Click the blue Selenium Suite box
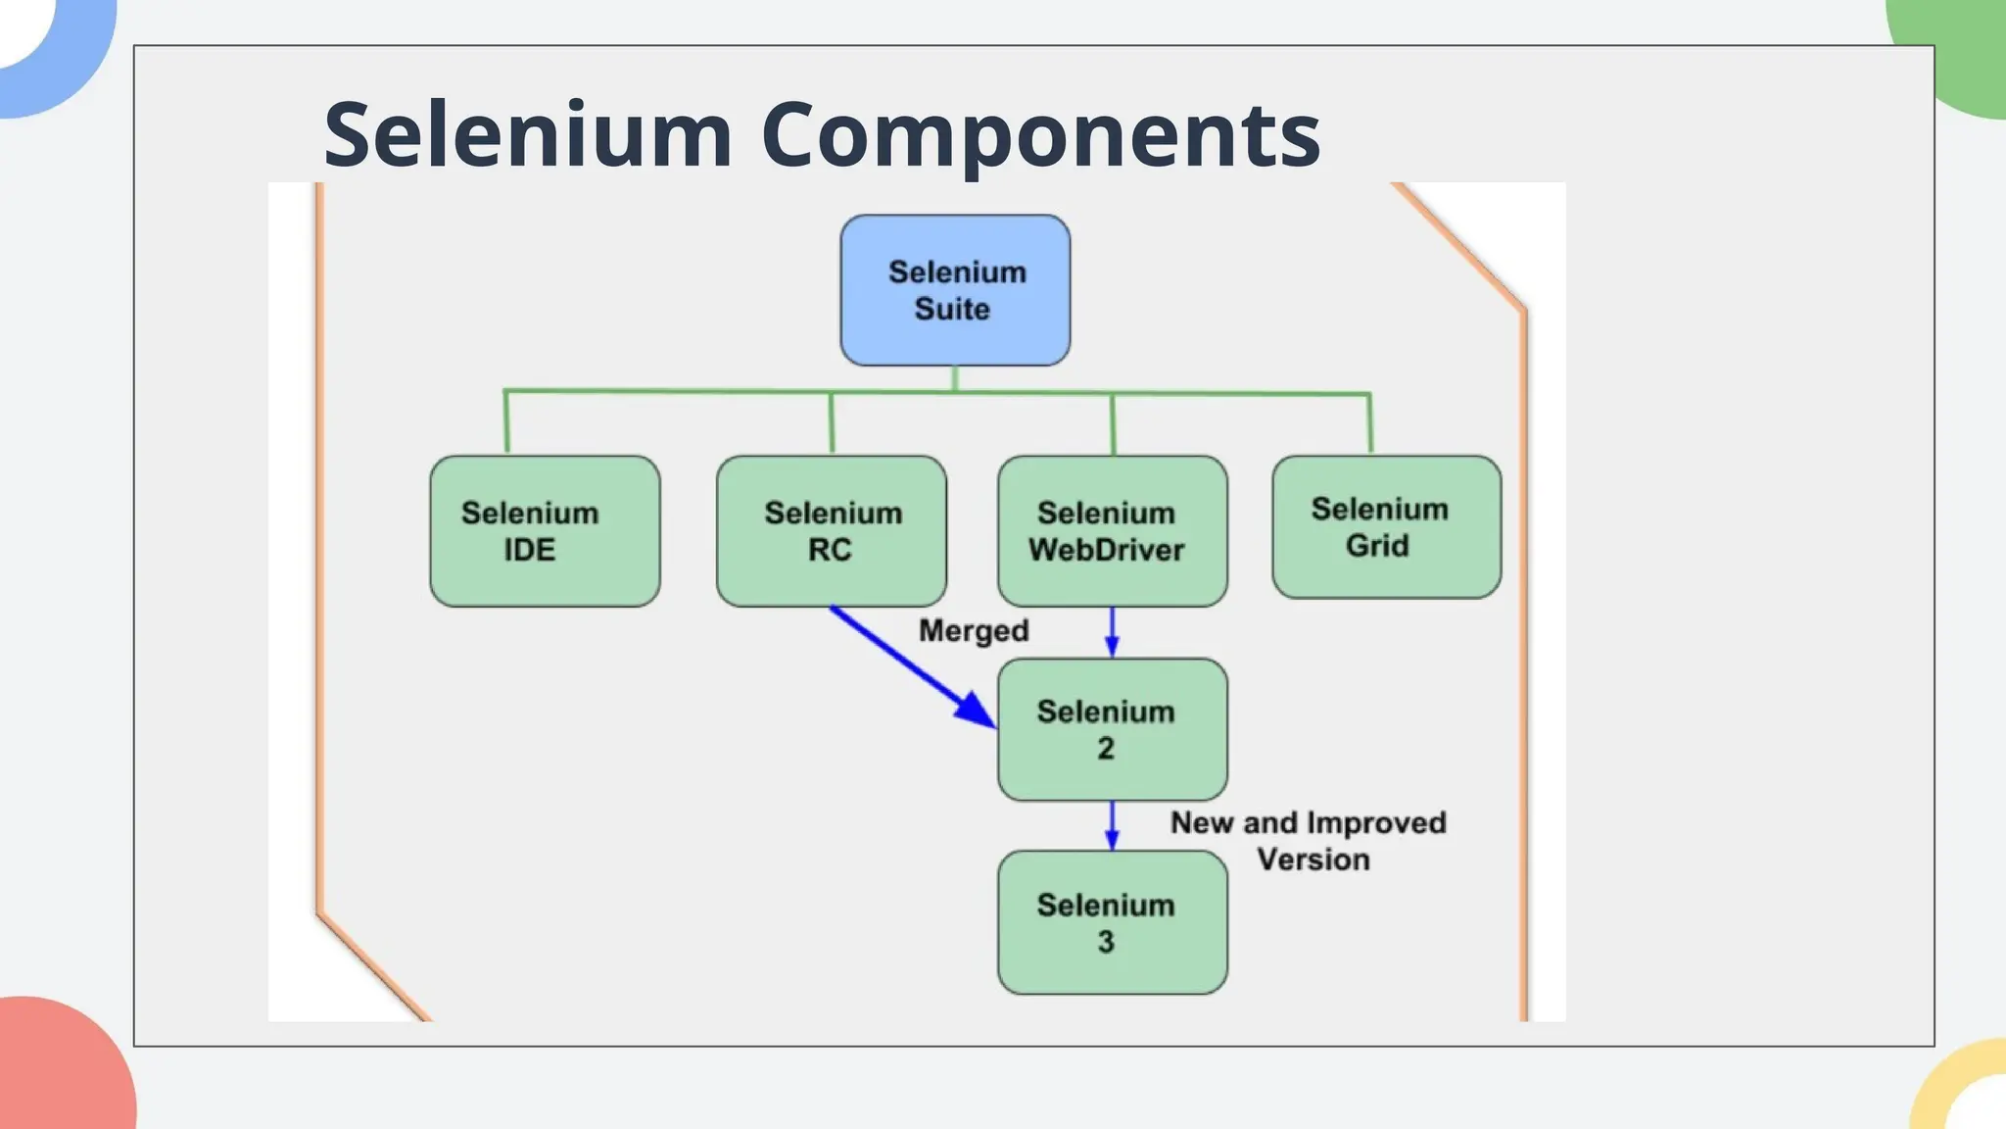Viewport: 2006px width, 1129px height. [955, 290]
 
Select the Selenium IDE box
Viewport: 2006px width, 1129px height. [545, 530]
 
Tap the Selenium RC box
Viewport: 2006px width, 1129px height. [831, 530]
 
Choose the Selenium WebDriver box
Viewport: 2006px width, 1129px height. [1112, 530]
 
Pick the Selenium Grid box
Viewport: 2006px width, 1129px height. [1386, 526]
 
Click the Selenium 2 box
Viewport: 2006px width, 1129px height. [1112, 729]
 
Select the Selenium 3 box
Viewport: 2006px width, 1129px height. [1112, 922]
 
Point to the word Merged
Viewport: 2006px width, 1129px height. [974, 630]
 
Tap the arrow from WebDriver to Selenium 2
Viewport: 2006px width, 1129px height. [1112, 632]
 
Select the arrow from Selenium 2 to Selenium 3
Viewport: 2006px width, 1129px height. [1112, 825]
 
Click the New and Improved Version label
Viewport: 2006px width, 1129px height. [1309, 841]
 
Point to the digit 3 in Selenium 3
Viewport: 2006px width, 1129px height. [1106, 942]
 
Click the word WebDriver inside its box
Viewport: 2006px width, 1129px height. [1107, 550]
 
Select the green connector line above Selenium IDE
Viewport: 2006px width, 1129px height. [506, 421]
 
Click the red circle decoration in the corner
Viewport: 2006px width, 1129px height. [59, 1068]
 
